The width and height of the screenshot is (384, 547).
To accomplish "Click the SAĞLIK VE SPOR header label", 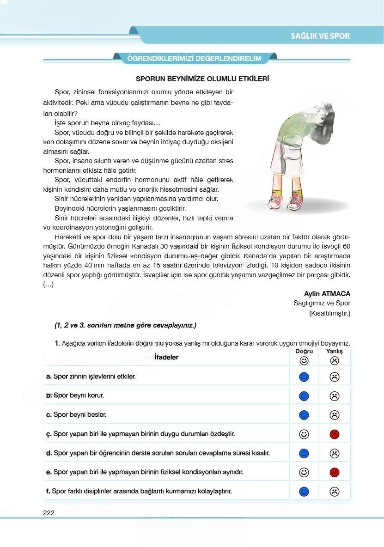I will click(320, 36).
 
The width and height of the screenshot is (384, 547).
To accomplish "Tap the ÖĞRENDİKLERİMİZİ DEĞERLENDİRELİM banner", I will click(194, 58).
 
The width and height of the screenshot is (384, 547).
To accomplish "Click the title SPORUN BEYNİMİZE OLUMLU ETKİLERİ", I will click(202, 79).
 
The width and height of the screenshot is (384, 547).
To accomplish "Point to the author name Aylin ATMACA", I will click(327, 294).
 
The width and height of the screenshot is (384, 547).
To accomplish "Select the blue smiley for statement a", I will click(304, 377).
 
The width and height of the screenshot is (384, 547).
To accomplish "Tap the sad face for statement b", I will click(335, 396).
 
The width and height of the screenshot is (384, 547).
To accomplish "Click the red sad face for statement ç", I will click(335, 434).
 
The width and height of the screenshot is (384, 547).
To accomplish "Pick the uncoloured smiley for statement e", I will click(304, 472).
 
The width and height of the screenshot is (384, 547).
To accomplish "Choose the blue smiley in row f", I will click(304, 491).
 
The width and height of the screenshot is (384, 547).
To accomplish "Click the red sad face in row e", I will click(335, 472).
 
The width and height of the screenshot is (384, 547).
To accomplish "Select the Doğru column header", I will click(304, 352).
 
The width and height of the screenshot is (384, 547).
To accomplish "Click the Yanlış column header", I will click(335, 352).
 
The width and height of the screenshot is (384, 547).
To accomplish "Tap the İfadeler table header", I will click(166, 357).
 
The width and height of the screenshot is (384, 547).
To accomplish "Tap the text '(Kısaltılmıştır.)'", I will click(330, 313).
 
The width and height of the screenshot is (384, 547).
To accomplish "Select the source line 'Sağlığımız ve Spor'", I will click(322, 304).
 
